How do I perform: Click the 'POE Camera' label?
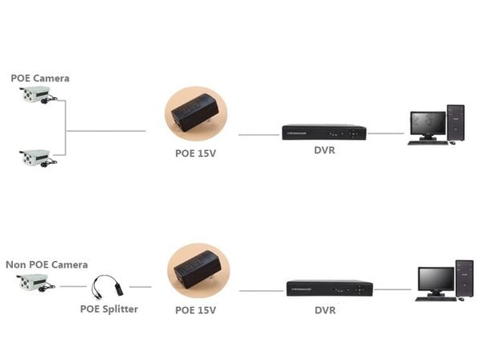click(x=39, y=78)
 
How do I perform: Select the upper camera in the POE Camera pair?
click(x=37, y=96)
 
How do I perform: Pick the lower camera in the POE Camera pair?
click(x=37, y=157)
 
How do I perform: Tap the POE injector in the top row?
click(x=194, y=113)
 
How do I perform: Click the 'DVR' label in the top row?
click(x=325, y=151)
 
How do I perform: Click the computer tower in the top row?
click(x=455, y=122)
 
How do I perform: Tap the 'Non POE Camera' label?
click(x=47, y=264)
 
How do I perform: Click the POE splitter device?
click(x=107, y=286)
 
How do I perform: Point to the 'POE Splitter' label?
click(x=108, y=309)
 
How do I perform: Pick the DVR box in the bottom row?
click(x=330, y=288)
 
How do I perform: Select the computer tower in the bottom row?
click(x=464, y=280)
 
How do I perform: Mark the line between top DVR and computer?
click(x=386, y=133)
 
